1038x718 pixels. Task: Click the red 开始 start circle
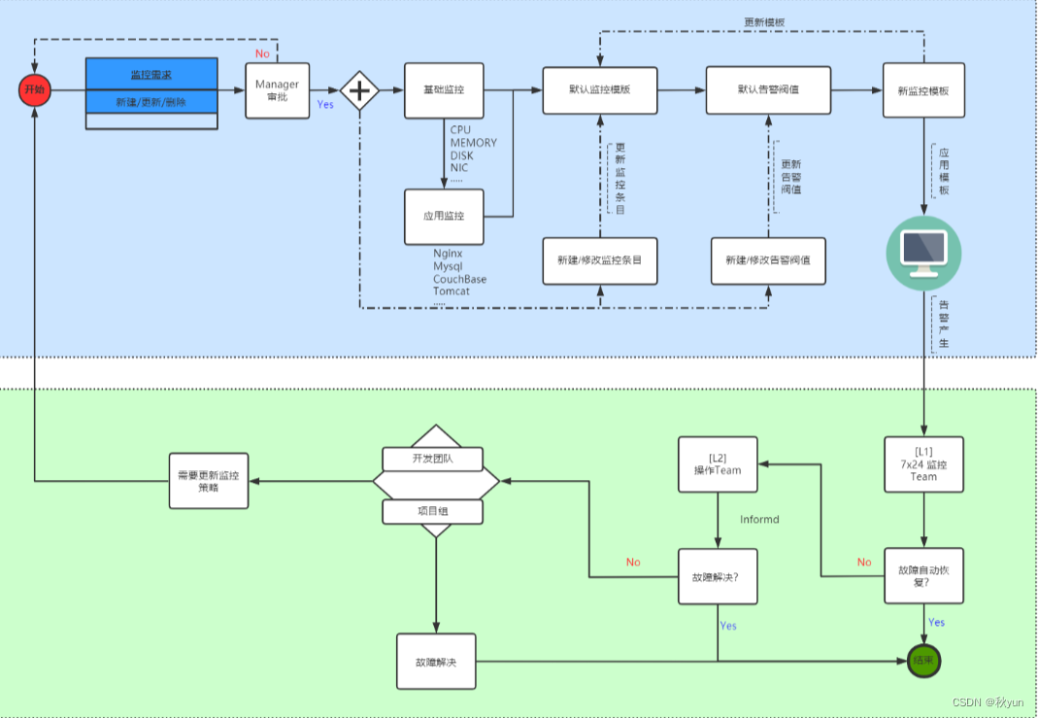34,90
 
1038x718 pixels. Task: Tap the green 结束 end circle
922,661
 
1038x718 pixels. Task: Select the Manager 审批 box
277,91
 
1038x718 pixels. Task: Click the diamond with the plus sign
359,91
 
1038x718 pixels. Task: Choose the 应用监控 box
444,217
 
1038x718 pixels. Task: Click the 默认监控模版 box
599,90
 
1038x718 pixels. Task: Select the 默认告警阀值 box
767,90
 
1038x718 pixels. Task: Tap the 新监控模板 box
923,90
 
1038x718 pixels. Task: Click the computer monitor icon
923,252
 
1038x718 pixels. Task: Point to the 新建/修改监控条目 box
599,260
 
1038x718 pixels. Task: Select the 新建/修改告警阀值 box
768,260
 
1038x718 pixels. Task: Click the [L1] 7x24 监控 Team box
923,463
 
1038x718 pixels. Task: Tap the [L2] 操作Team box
718,463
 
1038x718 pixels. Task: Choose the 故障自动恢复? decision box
923,576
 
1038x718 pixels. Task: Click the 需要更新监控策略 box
209,481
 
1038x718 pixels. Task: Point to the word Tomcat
452,291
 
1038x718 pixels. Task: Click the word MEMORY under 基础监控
473,143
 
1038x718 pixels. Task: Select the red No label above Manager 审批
262,53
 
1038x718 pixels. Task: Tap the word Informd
759,520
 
